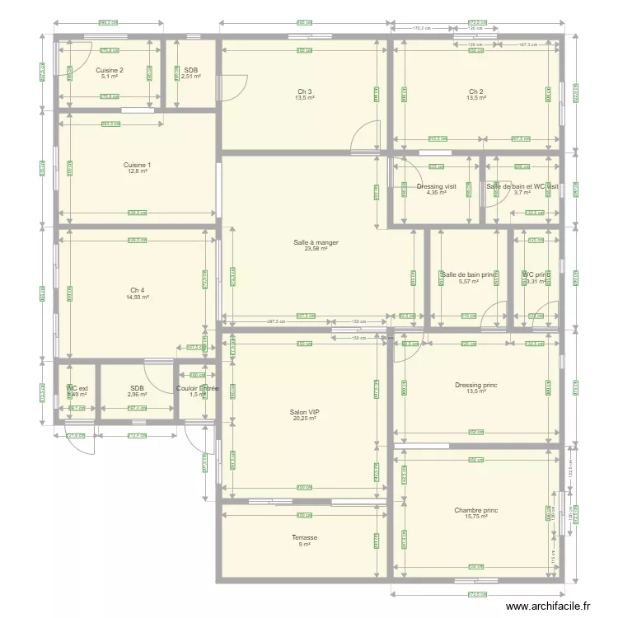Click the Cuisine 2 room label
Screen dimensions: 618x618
coord(110,70)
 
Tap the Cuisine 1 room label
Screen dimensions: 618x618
coord(137,165)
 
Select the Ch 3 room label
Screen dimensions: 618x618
coord(305,91)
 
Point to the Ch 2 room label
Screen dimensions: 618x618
coord(476,91)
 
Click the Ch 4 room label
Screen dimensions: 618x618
coord(138,290)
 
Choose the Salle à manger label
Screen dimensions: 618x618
coord(316,242)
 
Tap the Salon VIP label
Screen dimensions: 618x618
coord(305,412)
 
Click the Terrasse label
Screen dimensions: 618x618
coord(305,537)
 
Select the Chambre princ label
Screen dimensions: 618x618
coord(476,511)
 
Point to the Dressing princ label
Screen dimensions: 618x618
coord(476,385)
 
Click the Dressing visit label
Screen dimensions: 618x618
coord(437,186)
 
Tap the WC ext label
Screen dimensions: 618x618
coord(77,388)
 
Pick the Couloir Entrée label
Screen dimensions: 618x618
coord(198,388)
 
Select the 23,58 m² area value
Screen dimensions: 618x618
coord(316,249)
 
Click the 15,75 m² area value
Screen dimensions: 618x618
coord(476,517)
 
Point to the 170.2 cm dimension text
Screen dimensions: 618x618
coord(421,27)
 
